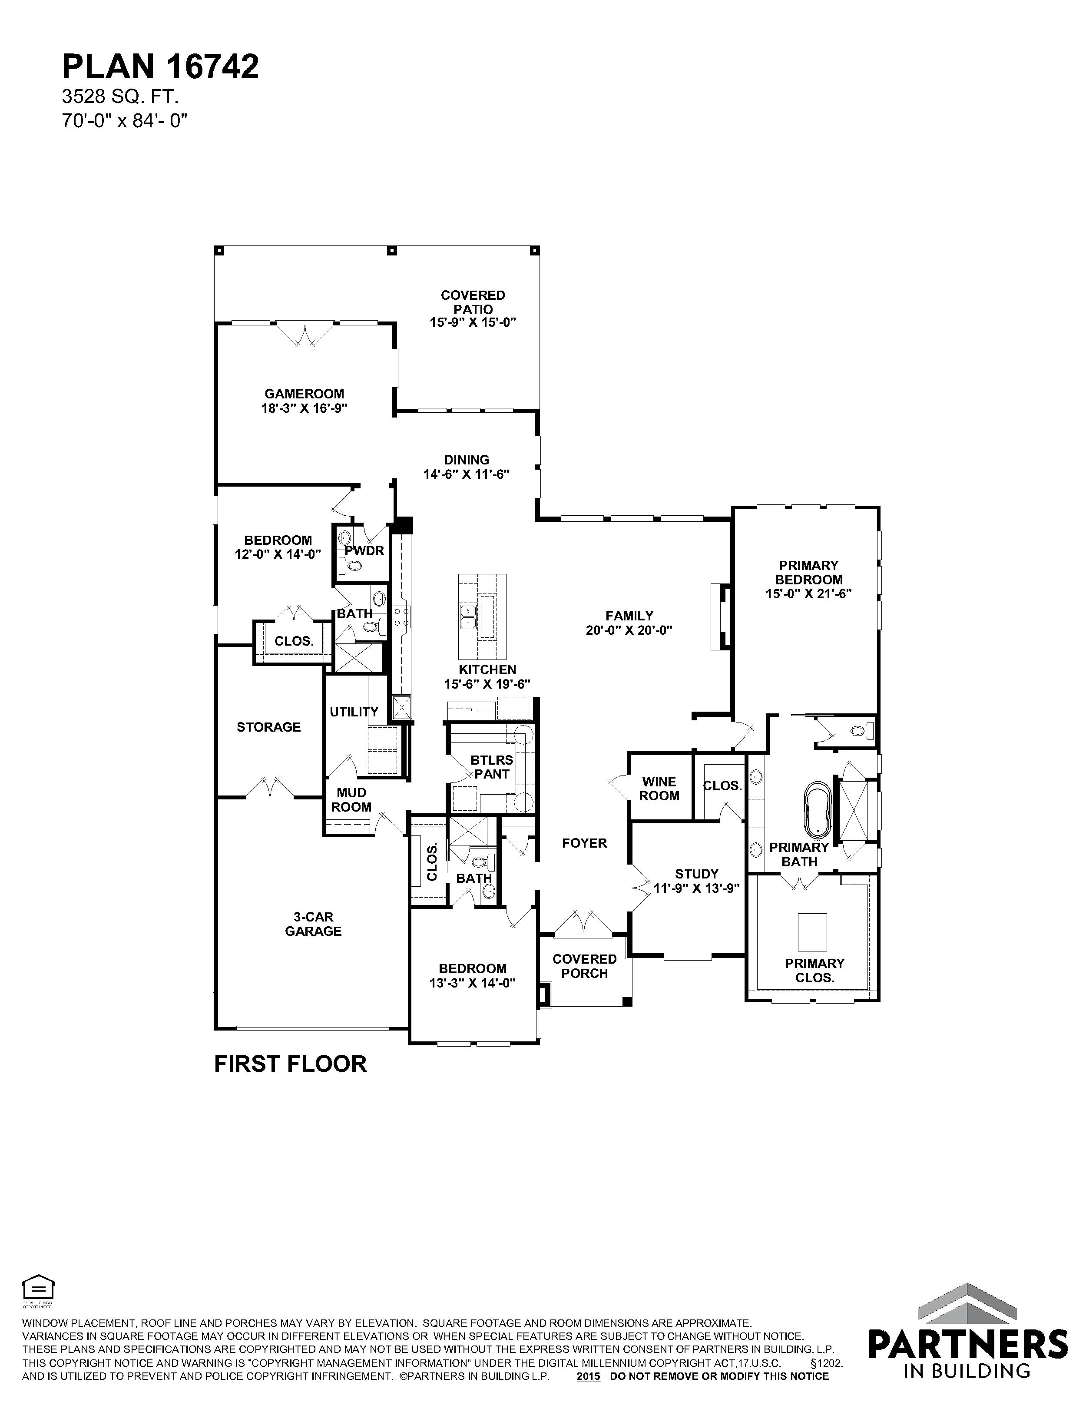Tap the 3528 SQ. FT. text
click(120, 97)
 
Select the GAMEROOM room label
click(304, 394)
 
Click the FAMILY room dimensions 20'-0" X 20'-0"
click(629, 630)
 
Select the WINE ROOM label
click(659, 789)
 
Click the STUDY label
click(696, 874)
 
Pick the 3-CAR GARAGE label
click(313, 924)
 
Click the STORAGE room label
click(268, 727)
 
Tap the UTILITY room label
click(354, 712)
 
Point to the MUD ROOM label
click(351, 800)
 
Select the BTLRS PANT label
click(492, 767)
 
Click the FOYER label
click(584, 844)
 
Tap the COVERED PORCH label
click(584, 966)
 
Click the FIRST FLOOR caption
click(290, 1064)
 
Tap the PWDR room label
click(364, 551)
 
